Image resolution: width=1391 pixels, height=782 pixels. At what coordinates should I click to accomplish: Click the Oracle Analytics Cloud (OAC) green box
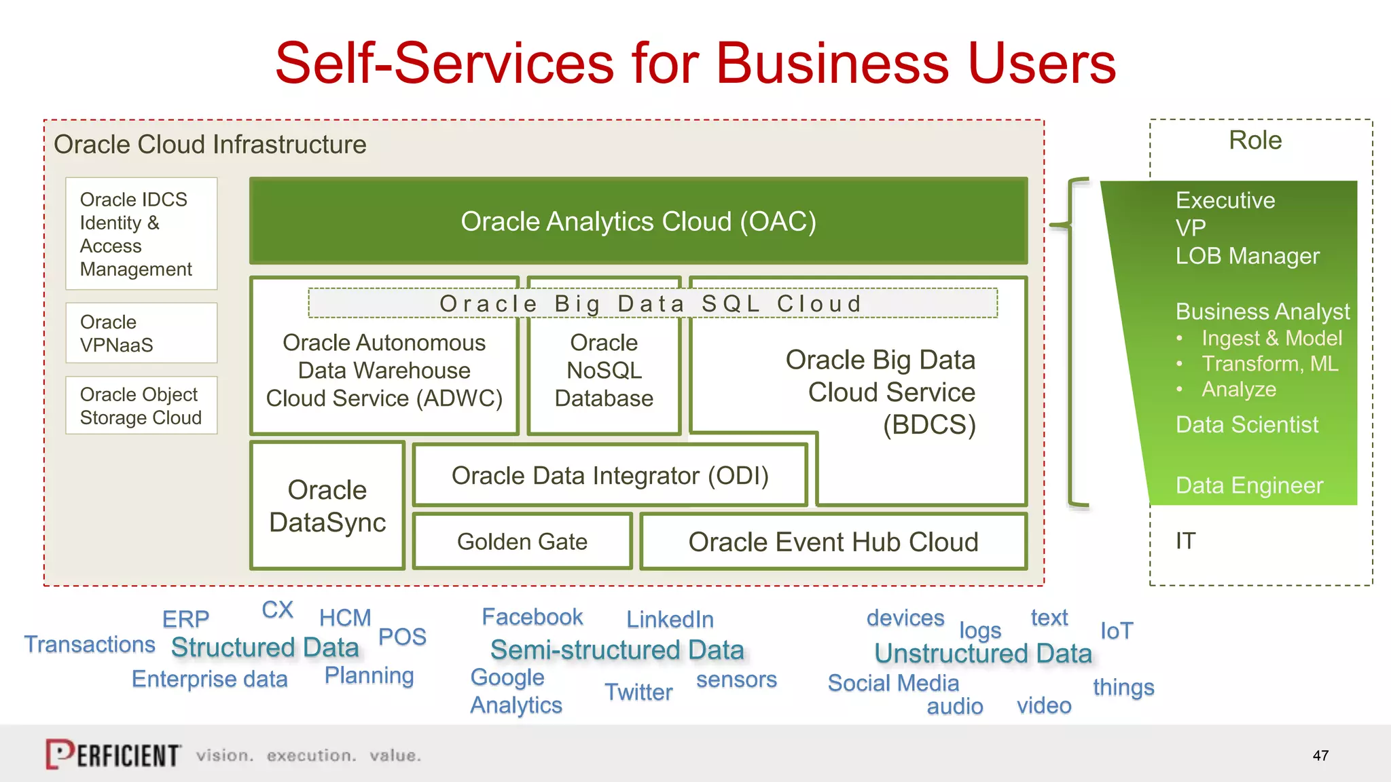click(x=638, y=221)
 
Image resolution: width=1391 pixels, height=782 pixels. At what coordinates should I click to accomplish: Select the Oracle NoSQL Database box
click(x=604, y=371)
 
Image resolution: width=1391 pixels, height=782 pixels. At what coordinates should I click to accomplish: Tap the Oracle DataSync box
click(x=327, y=506)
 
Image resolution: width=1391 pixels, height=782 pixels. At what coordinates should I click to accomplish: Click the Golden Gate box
click(x=522, y=542)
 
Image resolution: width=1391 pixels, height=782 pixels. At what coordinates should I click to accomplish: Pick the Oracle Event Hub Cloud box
click(x=833, y=542)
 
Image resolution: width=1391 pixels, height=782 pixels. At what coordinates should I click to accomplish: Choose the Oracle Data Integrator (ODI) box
click(x=610, y=476)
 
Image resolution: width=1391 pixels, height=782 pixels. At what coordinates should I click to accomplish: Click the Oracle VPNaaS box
click(x=141, y=333)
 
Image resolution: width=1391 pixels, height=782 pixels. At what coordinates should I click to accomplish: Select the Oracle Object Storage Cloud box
click(x=141, y=406)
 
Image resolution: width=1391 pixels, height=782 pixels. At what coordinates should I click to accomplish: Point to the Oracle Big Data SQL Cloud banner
click(x=652, y=303)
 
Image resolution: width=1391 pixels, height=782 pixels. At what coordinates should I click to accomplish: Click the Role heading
click(x=1255, y=141)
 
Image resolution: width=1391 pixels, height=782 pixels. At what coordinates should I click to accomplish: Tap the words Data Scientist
click(x=1246, y=425)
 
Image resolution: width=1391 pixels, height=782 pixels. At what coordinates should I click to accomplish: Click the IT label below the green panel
click(x=1185, y=541)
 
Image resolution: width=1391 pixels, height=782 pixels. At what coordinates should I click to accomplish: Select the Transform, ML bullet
click(x=1269, y=364)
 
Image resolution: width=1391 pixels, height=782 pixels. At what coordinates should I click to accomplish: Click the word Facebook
click(x=532, y=617)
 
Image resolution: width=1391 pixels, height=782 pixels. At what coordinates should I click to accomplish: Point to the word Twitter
click(x=638, y=692)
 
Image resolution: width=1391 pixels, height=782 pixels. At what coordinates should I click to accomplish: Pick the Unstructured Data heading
click(x=983, y=654)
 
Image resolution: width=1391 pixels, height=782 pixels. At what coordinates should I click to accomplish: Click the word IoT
click(x=1116, y=631)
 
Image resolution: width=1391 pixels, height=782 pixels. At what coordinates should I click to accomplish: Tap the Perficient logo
click(x=113, y=754)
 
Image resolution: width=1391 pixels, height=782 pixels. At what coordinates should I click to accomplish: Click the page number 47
click(x=1320, y=756)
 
